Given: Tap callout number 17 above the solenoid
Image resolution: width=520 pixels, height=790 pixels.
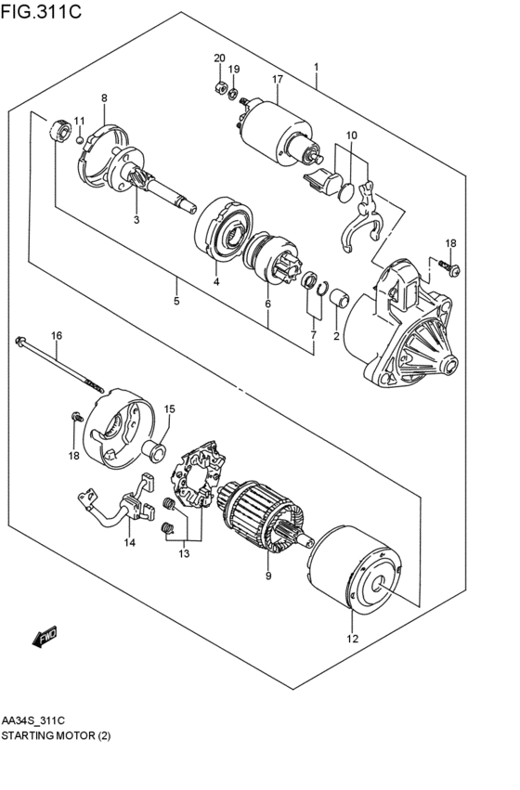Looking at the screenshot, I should tap(277, 81).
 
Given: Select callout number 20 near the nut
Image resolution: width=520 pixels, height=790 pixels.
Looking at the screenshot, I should tap(219, 58).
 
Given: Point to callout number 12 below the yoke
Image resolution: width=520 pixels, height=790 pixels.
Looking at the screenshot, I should tap(351, 638).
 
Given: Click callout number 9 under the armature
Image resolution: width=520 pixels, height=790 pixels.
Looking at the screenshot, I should tap(267, 576).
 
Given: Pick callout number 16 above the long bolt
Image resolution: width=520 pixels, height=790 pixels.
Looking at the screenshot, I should tap(56, 334).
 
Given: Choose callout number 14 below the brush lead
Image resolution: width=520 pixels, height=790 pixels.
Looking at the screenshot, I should tap(130, 542).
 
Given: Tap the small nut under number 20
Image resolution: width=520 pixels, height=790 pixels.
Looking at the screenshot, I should tap(220, 87).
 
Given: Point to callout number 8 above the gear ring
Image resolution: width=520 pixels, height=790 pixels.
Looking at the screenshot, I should tap(104, 97).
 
